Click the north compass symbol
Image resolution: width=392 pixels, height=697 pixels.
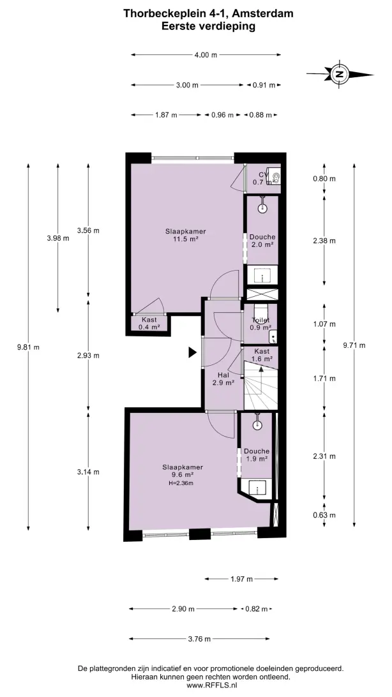pos(340,74)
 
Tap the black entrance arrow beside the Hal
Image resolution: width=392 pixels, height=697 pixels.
pos(192,352)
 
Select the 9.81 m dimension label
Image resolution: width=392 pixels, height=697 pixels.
pos(29,347)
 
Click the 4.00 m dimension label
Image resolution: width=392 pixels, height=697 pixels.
pos(206,55)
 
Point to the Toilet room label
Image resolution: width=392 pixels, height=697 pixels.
pos(261,320)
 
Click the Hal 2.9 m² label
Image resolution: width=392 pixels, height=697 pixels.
pos(223,378)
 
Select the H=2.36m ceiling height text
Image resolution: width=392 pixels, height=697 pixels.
pos(183,483)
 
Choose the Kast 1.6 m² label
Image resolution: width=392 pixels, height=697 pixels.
pos(262,355)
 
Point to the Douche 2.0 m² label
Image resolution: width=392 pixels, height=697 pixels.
pos(262,241)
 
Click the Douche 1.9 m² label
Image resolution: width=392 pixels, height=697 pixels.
pos(257,454)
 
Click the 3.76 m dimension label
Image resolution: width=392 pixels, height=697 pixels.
pos(200,639)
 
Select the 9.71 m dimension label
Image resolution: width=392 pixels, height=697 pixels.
pos(354,345)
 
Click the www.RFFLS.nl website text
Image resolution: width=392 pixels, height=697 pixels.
pos(211,686)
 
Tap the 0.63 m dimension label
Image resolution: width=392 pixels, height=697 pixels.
pos(324,515)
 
